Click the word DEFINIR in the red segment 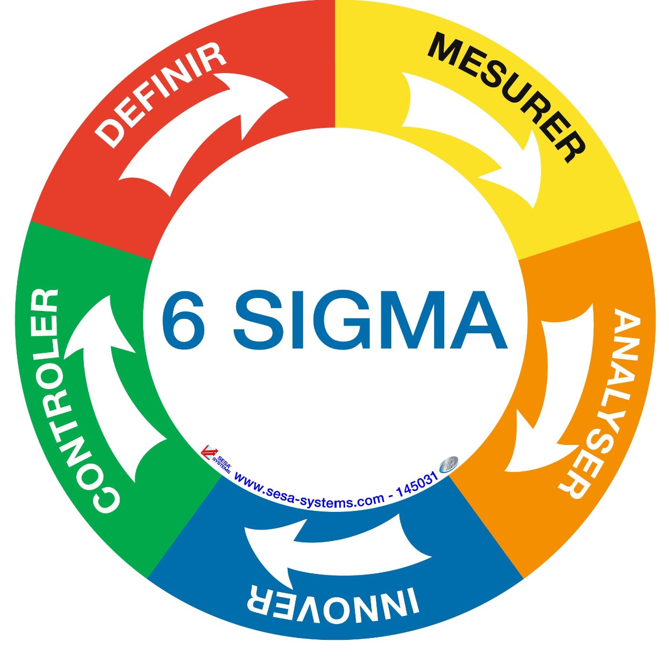pyautogui.click(x=162, y=94)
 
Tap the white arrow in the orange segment pyautogui.click(x=552, y=400)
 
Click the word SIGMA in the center pyautogui.click(x=369, y=320)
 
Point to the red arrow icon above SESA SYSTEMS pyautogui.click(x=209, y=452)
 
